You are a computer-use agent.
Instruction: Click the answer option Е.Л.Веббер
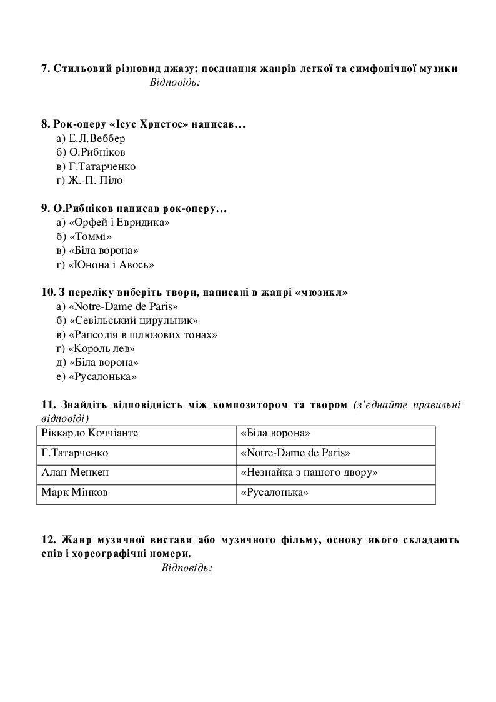click(91, 138)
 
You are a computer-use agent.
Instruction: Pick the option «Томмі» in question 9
click(84, 236)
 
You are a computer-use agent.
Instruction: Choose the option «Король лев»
click(96, 349)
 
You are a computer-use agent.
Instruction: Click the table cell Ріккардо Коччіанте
click(89, 433)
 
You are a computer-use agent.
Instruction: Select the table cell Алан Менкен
click(71, 473)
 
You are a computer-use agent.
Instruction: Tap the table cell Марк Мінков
click(74, 493)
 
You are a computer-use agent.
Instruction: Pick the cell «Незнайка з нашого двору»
click(309, 473)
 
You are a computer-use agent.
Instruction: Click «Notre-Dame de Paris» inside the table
click(295, 453)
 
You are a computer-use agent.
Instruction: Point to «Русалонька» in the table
click(274, 493)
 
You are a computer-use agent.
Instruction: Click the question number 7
click(46, 68)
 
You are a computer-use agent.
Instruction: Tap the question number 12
click(49, 539)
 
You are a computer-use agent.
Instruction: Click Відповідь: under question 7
click(175, 83)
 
